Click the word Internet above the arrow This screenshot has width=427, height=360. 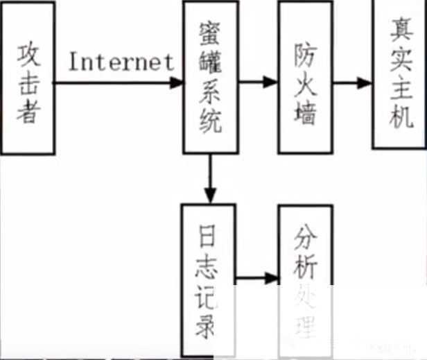(121, 62)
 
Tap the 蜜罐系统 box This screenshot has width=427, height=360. (210, 76)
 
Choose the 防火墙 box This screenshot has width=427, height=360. (306, 76)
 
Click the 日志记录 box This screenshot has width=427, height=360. (208, 277)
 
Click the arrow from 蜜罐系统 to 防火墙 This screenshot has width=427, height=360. (258, 83)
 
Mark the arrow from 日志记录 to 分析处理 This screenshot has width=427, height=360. (256, 280)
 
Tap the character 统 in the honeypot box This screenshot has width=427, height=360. (209, 122)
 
